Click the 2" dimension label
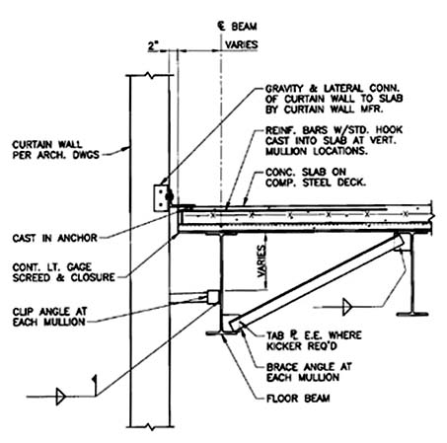point(153,45)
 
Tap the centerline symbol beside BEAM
point(221,26)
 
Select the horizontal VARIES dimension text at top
point(241,44)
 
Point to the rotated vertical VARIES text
point(261,261)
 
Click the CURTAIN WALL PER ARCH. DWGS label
point(56,150)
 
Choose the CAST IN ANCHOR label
point(55,238)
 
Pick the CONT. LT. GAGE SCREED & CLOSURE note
point(64,272)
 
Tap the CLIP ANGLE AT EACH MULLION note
point(49,317)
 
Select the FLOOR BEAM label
point(298,399)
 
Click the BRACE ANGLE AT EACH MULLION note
point(309,372)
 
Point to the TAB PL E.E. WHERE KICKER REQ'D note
point(314,340)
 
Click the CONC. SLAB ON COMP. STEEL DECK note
point(316,178)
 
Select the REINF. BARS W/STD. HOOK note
point(334,140)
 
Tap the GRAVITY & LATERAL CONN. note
point(334,99)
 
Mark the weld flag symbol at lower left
point(61,397)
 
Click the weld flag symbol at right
point(347,307)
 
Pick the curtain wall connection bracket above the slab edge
point(160,198)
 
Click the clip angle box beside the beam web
point(213,297)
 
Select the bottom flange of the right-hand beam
point(412,314)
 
